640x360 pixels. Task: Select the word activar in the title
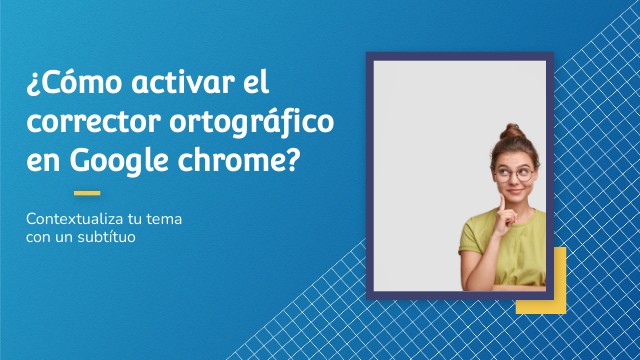tap(180, 82)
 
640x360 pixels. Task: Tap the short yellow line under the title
tap(87, 193)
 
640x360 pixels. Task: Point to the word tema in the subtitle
tap(165, 219)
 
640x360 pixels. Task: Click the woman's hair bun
tap(513, 133)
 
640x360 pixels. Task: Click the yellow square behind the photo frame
tap(555, 300)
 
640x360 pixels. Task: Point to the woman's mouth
tap(518, 194)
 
